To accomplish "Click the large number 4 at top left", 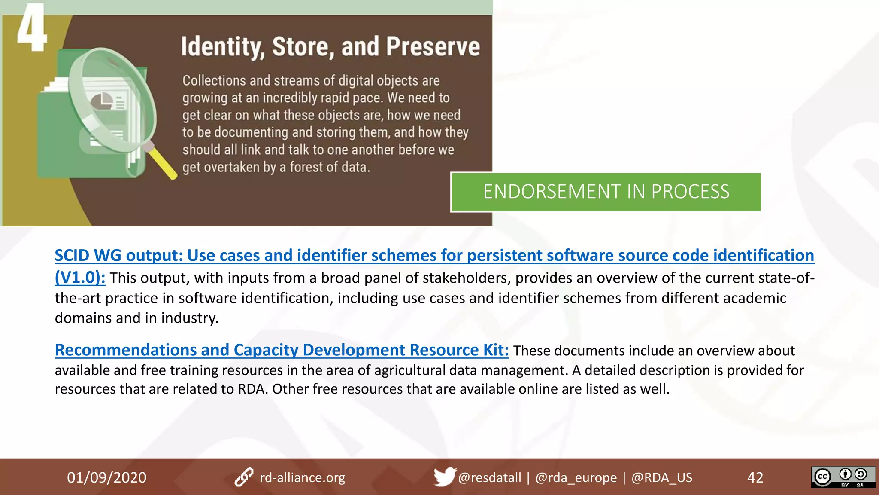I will pyautogui.click(x=31, y=28).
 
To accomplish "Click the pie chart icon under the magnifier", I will pyautogui.click(x=102, y=102).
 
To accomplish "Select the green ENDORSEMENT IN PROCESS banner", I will pyautogui.click(x=606, y=192).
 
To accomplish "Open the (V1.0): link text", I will pyautogui.click(x=80, y=277).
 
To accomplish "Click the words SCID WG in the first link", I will pyautogui.click(x=88, y=255).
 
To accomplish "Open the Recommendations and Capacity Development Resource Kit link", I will pyautogui.click(x=282, y=350).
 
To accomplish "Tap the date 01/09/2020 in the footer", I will pyautogui.click(x=106, y=477).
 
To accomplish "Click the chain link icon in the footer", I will pyautogui.click(x=244, y=477).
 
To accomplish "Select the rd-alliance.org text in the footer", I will pyautogui.click(x=302, y=477).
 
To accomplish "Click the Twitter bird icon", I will pyautogui.click(x=444, y=477).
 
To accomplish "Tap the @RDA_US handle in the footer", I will pyautogui.click(x=661, y=477).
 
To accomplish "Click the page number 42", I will pyautogui.click(x=755, y=477).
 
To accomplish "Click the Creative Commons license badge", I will pyautogui.click(x=843, y=477).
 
